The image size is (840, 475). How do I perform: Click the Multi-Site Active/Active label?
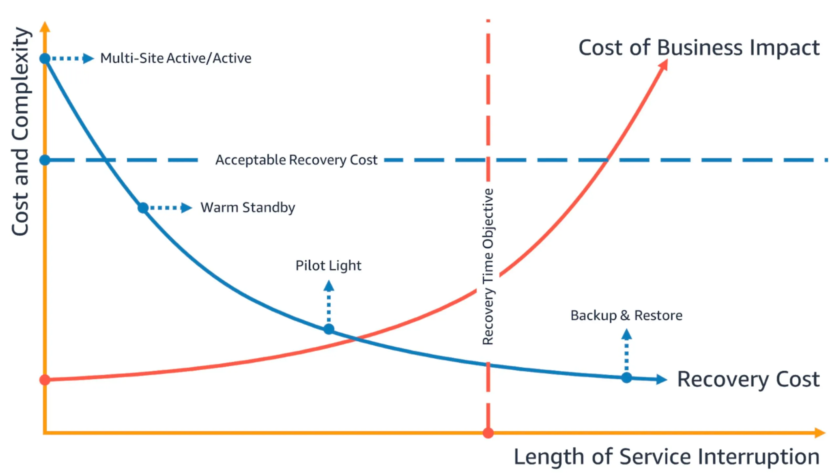176,58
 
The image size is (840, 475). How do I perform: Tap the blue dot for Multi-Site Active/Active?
45,58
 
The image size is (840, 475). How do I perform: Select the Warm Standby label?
248,207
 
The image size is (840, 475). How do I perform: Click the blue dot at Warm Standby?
143,207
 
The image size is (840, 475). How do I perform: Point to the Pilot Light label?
328,265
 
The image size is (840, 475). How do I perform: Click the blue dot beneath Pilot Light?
329,329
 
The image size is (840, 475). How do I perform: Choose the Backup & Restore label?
626,315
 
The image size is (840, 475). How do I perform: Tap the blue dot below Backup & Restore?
626,378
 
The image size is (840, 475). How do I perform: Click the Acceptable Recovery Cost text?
296,160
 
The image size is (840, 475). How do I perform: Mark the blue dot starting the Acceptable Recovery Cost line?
45,160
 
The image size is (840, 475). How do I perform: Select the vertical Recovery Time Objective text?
488,267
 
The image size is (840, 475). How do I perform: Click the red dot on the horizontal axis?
488,433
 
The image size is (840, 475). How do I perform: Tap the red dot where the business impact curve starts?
45,380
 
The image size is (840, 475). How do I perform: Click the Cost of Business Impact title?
699,48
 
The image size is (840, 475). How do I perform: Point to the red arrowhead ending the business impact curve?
664,65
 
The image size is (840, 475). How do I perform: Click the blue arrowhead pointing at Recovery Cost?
661,379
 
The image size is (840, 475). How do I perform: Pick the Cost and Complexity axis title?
20,131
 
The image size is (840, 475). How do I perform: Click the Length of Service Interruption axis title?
666,457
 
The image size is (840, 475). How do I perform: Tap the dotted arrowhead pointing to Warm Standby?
186,207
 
